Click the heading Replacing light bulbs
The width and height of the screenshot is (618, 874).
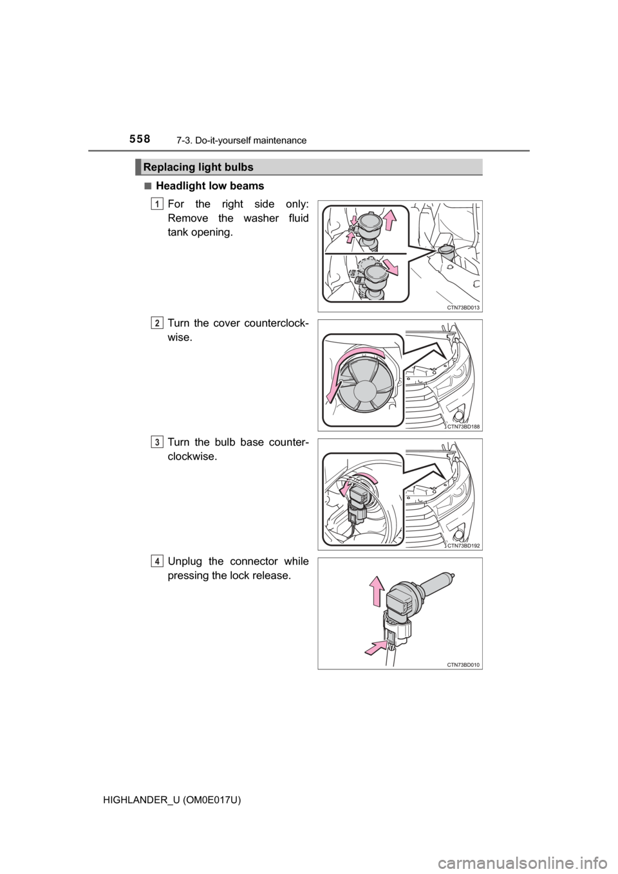[198, 167]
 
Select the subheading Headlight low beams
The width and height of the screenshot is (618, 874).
[210, 186]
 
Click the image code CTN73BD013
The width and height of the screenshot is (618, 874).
[463, 308]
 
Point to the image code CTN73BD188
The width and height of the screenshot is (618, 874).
[463, 427]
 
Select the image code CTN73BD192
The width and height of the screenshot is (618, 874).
[463, 546]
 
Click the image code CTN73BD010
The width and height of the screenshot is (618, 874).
[463, 664]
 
